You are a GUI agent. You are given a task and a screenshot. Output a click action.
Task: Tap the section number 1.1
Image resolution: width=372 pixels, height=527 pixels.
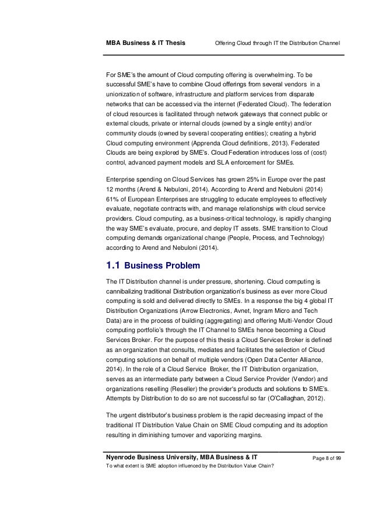[114, 266]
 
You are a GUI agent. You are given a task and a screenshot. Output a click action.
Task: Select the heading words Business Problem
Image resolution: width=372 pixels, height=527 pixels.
[167, 266]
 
